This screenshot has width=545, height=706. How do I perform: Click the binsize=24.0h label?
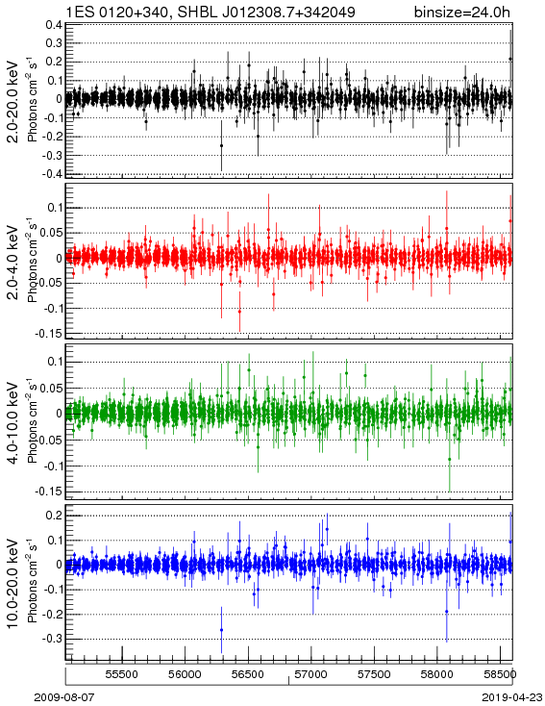pyautogui.click(x=462, y=12)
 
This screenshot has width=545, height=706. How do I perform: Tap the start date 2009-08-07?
pyautogui.click(x=64, y=697)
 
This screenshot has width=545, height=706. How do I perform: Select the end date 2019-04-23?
pyautogui.click(x=512, y=697)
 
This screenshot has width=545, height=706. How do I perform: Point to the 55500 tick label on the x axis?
pyautogui.click(x=121, y=674)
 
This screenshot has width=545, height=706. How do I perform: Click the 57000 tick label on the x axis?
pyautogui.click(x=310, y=674)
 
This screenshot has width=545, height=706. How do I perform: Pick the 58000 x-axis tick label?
pyautogui.click(x=437, y=674)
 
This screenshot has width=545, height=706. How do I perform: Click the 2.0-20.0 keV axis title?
pyautogui.click(x=13, y=101)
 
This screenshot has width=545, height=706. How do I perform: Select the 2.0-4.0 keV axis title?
pyautogui.click(x=13, y=263)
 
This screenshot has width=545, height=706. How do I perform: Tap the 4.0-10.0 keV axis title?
pyautogui.click(x=13, y=423)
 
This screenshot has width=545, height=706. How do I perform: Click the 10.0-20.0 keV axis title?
pyautogui.click(x=13, y=584)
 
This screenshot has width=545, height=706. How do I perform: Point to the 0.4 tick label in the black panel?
pyautogui.click(x=54, y=25)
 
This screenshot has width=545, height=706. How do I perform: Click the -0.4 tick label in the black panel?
pyautogui.click(x=51, y=174)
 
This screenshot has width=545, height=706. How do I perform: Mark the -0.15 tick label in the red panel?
pyautogui.click(x=49, y=334)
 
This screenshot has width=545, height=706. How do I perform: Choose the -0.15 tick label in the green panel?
pyautogui.click(x=49, y=492)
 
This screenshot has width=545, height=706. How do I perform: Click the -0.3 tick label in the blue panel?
pyautogui.click(x=51, y=639)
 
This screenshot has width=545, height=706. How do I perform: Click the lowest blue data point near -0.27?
pyautogui.click(x=221, y=630)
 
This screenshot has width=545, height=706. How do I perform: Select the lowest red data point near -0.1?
pyautogui.click(x=239, y=312)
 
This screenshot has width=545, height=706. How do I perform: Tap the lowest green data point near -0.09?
pyautogui.click(x=449, y=459)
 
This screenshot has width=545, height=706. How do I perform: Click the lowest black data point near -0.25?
pyautogui.click(x=221, y=145)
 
